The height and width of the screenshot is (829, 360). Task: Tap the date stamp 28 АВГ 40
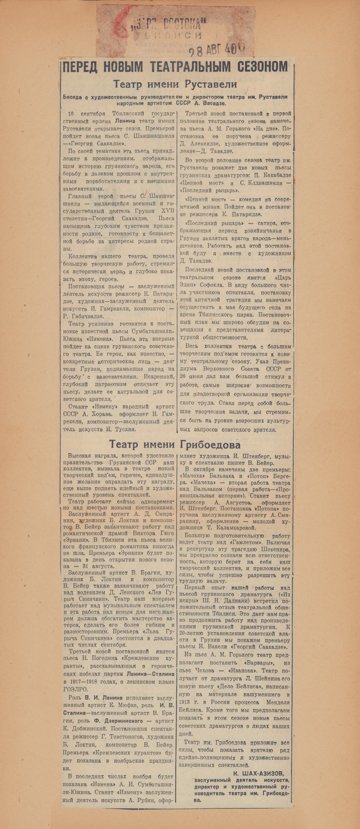[216, 50]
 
